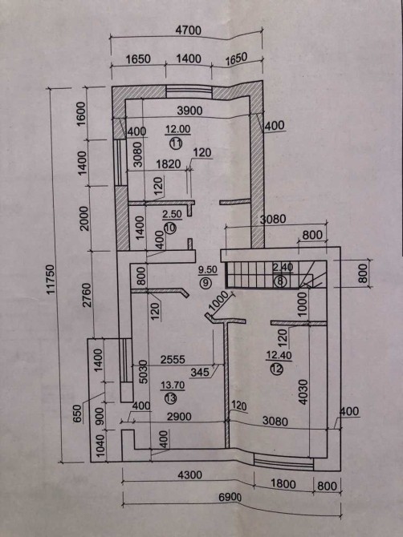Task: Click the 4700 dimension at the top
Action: click(x=189, y=30)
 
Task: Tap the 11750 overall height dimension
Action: click(x=51, y=279)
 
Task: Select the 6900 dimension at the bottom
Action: click(x=230, y=498)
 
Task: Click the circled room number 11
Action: click(x=176, y=142)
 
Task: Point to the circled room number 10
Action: click(x=170, y=228)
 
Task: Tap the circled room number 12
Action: click(x=277, y=369)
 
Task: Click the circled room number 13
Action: click(x=170, y=398)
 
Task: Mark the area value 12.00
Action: click(x=177, y=129)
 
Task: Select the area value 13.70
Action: click(x=173, y=386)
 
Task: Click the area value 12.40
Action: click(x=279, y=356)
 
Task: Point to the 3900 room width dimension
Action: click(x=189, y=111)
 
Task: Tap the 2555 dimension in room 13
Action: click(x=173, y=359)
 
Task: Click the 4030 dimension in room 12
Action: click(x=303, y=392)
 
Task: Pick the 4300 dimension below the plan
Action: click(x=189, y=474)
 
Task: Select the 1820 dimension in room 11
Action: click(x=168, y=164)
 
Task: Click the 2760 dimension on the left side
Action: click(x=88, y=295)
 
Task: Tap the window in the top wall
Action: click(x=189, y=92)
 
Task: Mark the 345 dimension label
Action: click(x=200, y=372)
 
